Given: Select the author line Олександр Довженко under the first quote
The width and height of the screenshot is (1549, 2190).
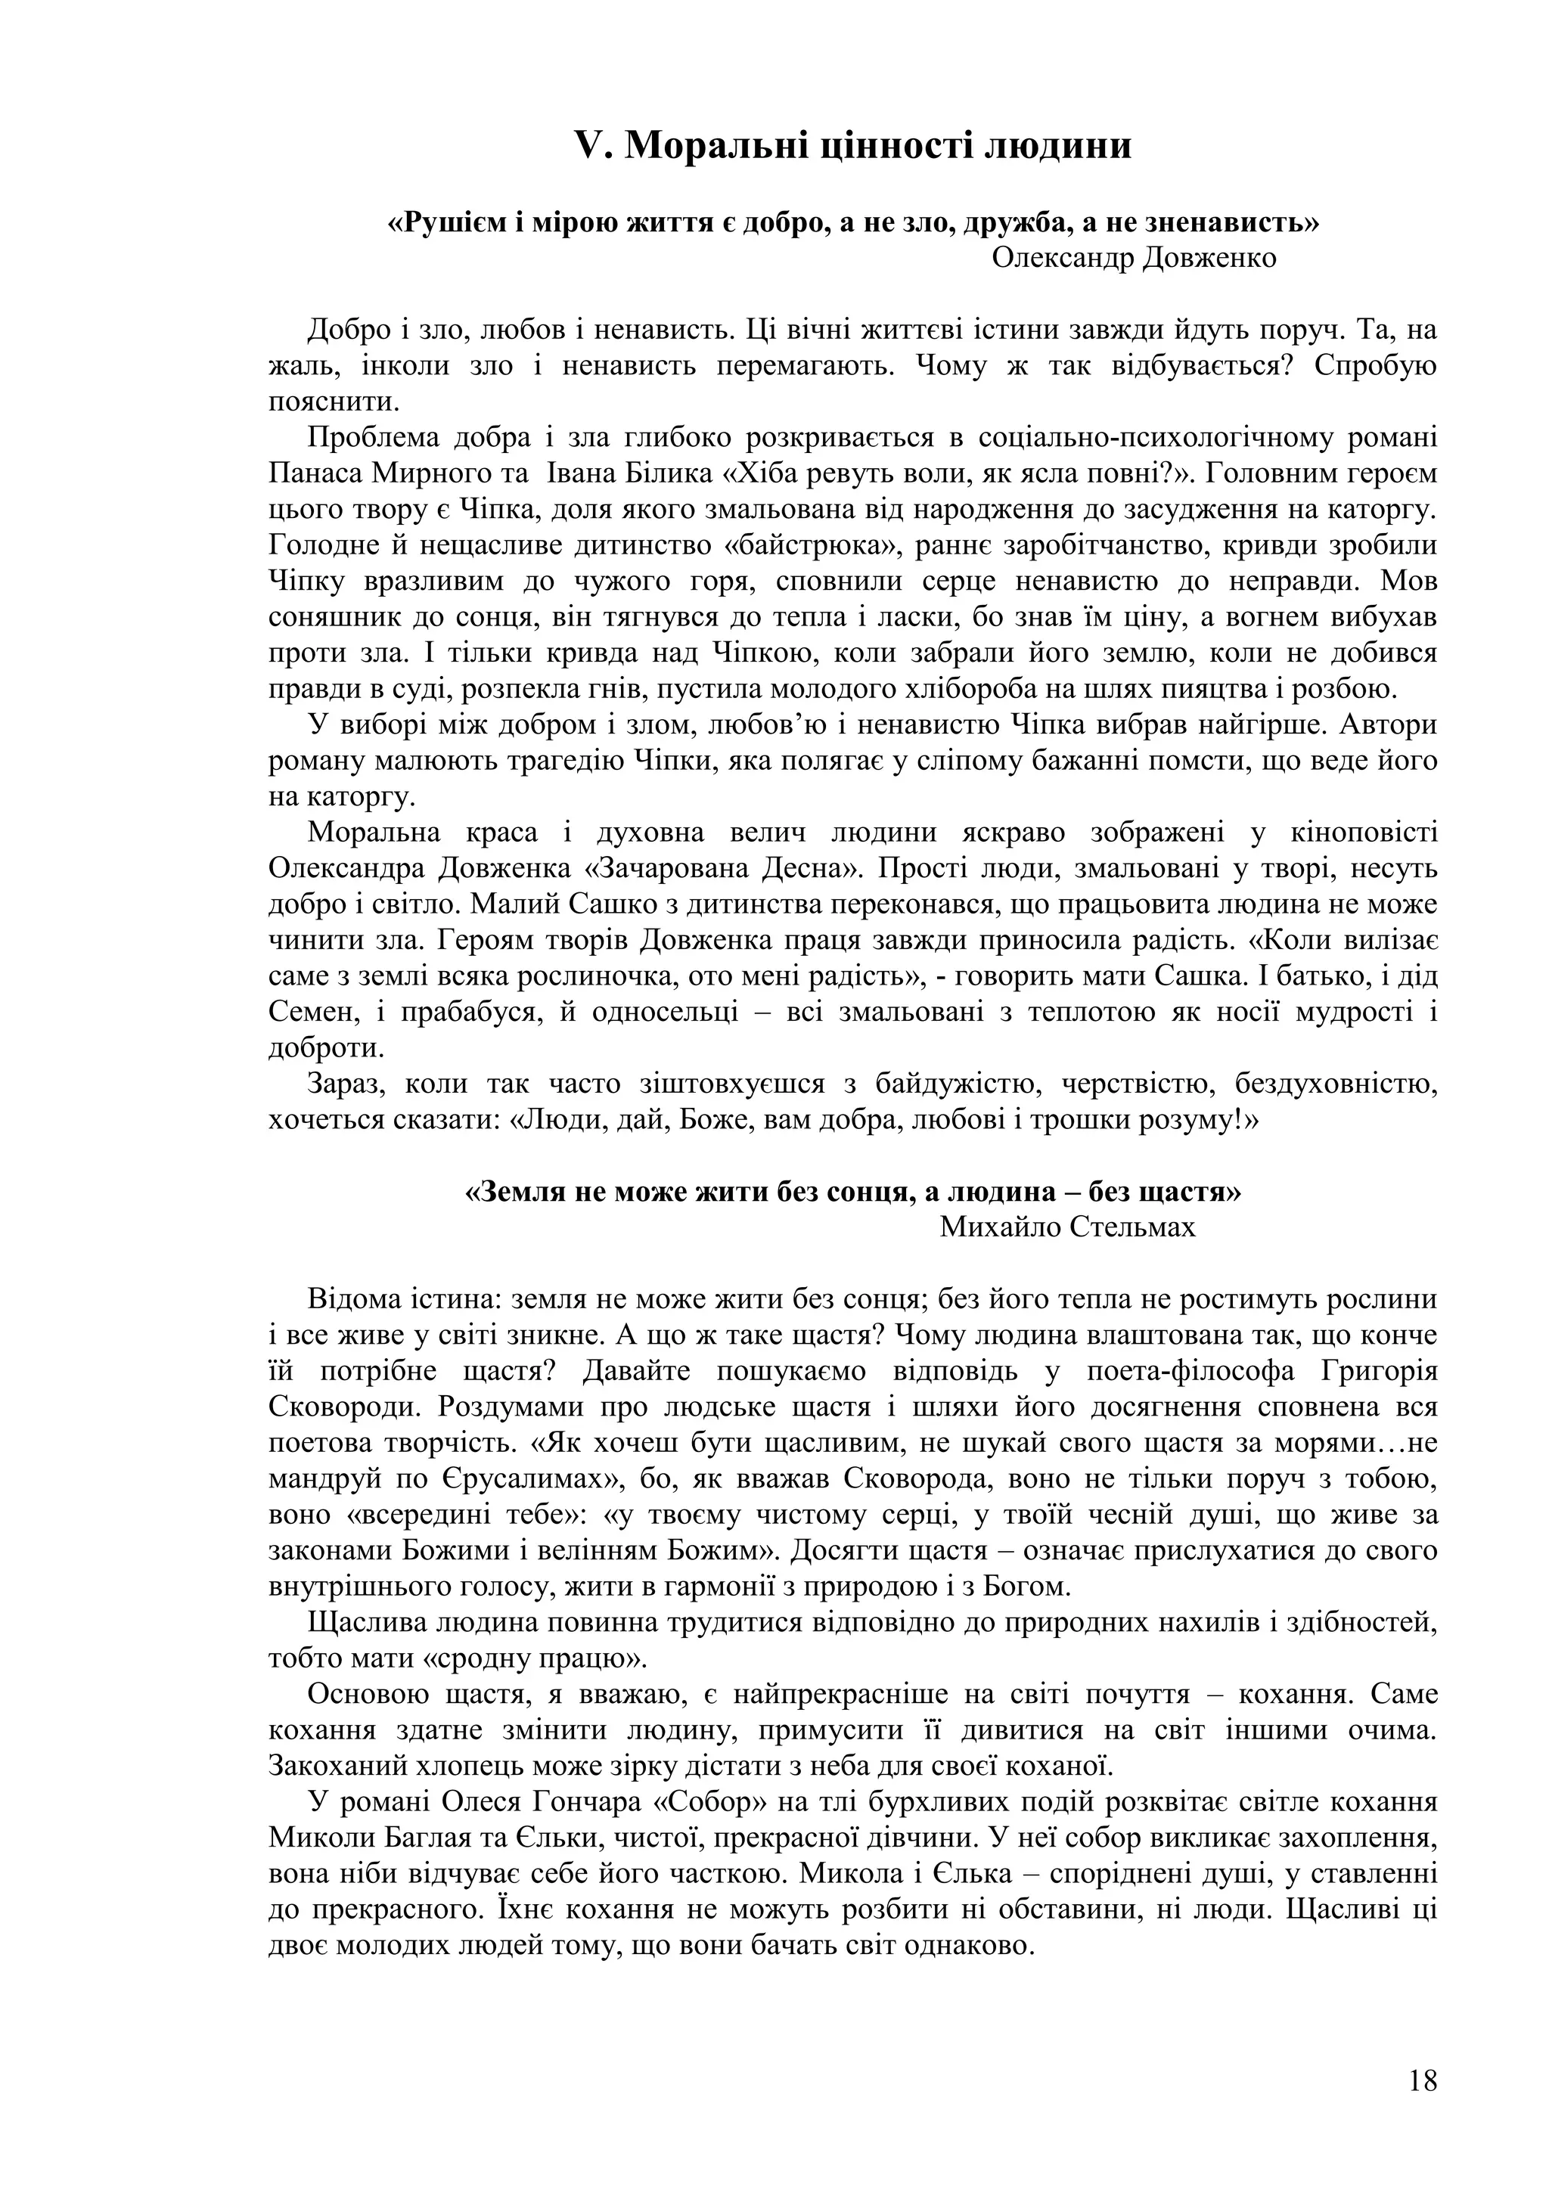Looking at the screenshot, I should click(1134, 258).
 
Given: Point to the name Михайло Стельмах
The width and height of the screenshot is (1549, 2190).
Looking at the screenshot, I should click(1067, 1227).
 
